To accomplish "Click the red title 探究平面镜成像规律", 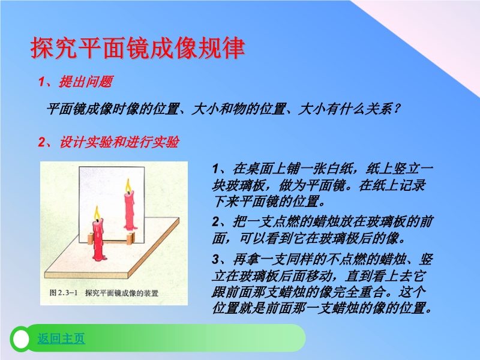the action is coord(138,48).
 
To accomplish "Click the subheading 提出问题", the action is coord(86,82).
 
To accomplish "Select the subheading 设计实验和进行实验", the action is coord(119,142).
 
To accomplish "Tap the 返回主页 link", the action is coord(61,338).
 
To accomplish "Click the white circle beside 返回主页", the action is coord(21,339).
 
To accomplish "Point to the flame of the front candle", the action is coord(97,212).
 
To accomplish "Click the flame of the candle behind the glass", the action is coord(128,185).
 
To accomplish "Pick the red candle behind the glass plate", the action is coord(130,211).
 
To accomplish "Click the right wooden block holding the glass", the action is coord(130,238).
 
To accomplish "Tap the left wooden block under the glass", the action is coord(91,238).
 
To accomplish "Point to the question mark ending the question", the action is coord(397,109).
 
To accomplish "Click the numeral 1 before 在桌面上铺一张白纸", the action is coord(215,169).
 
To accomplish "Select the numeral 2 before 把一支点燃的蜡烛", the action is coord(215,221).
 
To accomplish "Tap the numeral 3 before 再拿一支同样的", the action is coord(215,260).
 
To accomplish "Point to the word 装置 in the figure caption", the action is coord(151,293).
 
